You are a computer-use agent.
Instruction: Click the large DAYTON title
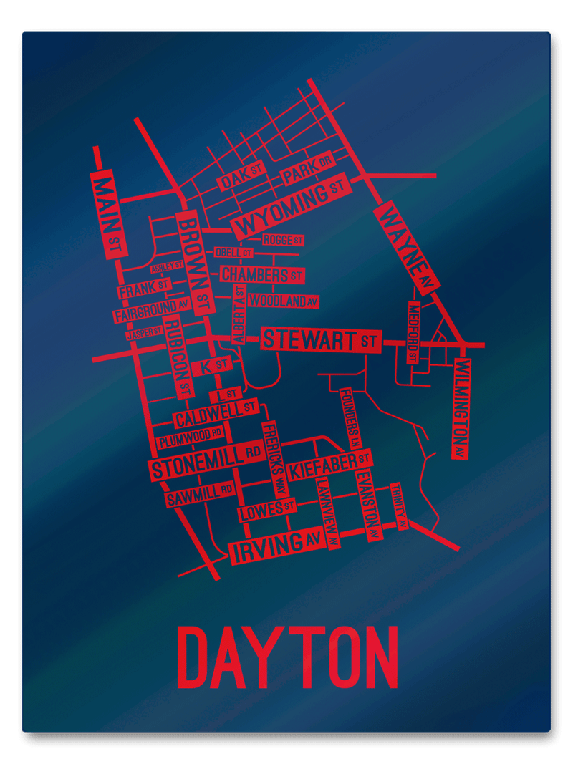pos(286,657)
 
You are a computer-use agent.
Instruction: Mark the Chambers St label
pos(261,274)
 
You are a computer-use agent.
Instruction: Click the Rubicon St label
pos(178,358)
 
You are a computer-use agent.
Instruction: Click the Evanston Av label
pos(367,504)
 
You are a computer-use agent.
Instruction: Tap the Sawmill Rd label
pos(199,495)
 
